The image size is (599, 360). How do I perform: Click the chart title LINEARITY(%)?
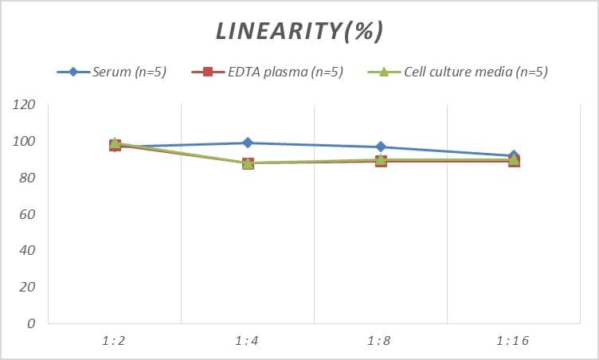299,31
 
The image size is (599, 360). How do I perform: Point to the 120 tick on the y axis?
25,104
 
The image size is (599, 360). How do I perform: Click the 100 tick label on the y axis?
25,141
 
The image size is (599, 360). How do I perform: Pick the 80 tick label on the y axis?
28,178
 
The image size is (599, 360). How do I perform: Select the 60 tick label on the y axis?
28,214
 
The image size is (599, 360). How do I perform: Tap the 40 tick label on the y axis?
28,250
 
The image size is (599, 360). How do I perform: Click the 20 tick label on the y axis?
28,287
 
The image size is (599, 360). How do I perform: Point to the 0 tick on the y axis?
31,323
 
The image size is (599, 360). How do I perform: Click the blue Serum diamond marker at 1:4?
248,143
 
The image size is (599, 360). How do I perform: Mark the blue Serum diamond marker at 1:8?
381,147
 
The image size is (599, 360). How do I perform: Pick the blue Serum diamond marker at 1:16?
514,155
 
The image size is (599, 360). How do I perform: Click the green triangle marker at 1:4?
248,162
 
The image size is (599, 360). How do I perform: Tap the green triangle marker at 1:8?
381,159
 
